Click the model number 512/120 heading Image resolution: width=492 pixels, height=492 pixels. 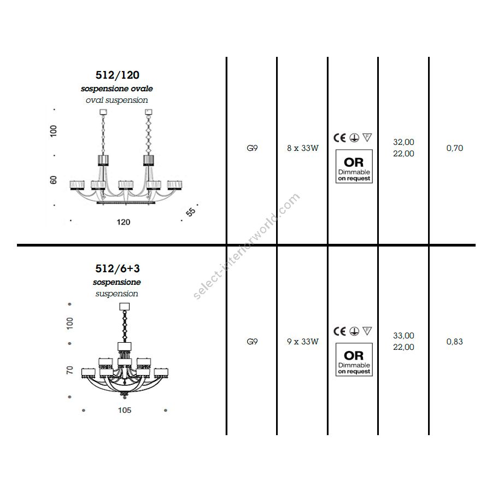pos(118,75)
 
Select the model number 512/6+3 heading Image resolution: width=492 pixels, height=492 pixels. pos(118,268)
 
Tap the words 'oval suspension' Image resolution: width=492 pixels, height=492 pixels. pos(117,100)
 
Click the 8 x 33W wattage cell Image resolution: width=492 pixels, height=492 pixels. pos(302,148)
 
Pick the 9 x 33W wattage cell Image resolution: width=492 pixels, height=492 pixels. pos(302,341)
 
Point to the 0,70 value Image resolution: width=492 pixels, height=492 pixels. pos(455,148)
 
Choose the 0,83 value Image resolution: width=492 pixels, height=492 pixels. pos(455,341)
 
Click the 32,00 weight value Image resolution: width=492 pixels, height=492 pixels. pos(403,142)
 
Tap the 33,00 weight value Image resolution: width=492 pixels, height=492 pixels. pos(403,336)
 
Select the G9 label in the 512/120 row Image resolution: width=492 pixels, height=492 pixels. pos(252,148)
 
